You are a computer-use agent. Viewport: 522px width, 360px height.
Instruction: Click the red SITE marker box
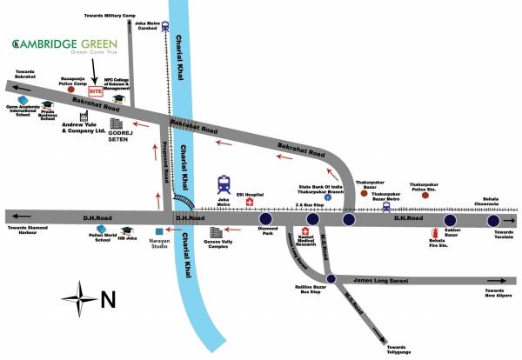tap(96, 90)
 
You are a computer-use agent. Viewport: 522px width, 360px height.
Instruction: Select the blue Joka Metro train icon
tap(224, 183)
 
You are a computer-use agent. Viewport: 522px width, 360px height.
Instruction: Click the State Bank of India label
tap(327, 188)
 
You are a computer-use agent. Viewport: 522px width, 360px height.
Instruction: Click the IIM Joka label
tap(128, 239)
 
